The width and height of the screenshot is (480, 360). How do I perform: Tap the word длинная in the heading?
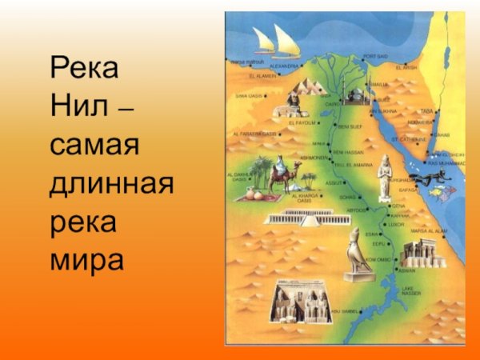click(111, 184)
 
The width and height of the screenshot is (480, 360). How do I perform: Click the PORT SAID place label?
click(374, 57)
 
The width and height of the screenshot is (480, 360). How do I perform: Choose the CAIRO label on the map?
click(332, 104)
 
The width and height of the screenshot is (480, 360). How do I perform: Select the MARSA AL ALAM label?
click(426, 230)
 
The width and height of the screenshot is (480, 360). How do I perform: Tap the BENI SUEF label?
click(350, 126)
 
